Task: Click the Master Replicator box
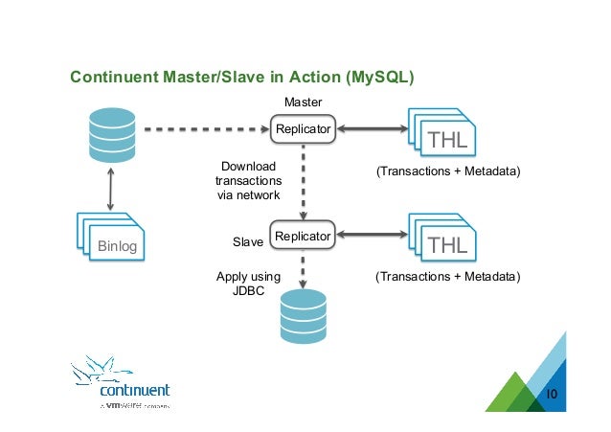pos(304,128)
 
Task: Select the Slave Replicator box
pos(304,236)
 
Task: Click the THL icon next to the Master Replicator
pos(441,133)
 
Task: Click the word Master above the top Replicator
pos(304,102)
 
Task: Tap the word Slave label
pos(248,243)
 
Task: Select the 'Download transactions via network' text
pos(248,181)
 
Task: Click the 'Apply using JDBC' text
pos(248,284)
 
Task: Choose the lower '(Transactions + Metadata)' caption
pos(447,277)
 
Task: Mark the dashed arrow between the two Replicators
pos(304,182)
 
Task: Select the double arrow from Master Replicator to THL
pos(372,128)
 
